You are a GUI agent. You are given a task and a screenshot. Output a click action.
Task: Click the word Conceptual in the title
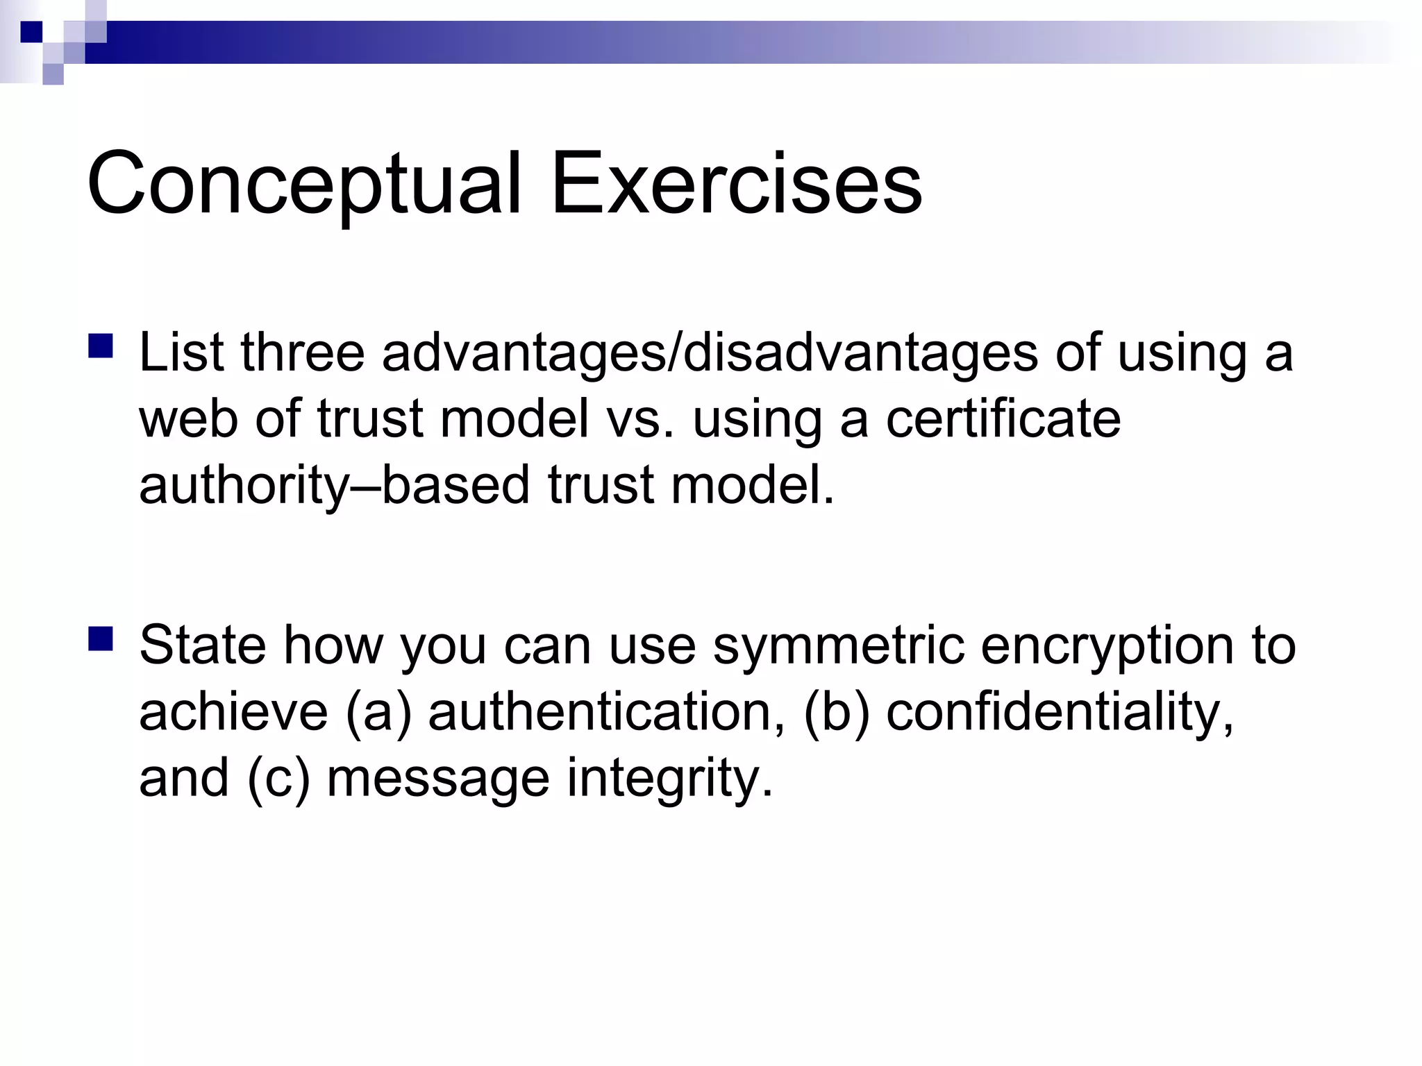coord(303,184)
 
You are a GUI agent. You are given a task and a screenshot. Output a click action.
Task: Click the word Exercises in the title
coord(736,184)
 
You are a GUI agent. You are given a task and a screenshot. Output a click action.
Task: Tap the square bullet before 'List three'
coord(101,346)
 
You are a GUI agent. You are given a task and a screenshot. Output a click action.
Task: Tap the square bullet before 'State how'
coord(101,638)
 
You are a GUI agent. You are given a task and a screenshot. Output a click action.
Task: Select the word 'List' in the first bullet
coord(181,353)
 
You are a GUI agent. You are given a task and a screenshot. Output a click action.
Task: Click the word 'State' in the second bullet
coord(202,645)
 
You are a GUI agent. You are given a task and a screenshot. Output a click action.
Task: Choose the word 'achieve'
coord(233,712)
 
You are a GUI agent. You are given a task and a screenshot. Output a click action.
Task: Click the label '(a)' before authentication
coord(378,713)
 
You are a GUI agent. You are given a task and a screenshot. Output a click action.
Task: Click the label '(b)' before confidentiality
coord(836,713)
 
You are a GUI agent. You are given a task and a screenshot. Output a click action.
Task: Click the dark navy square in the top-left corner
coord(31,32)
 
